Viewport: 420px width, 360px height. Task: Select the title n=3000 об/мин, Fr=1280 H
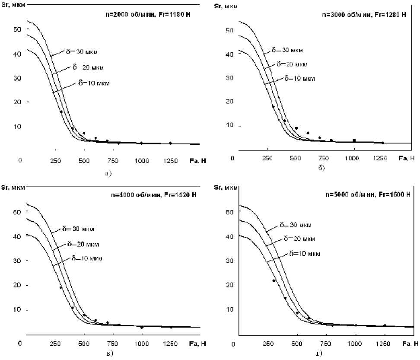(364, 15)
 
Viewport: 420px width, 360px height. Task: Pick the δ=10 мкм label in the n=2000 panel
(94, 83)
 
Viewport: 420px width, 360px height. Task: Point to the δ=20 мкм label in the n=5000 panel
(299, 239)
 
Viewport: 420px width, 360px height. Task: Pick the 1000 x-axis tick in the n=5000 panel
(355, 344)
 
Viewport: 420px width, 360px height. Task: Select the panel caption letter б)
(321, 168)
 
